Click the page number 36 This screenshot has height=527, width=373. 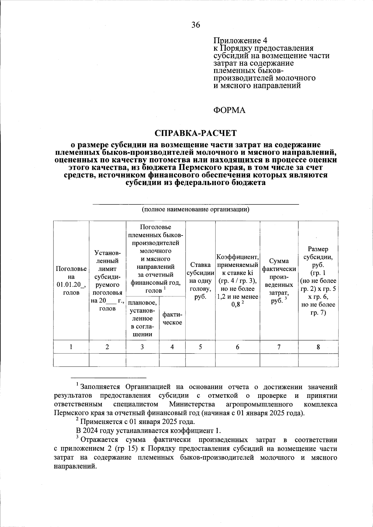tap(196, 25)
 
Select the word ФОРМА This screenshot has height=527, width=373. tap(229, 110)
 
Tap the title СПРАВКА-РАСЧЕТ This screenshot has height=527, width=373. tap(196, 133)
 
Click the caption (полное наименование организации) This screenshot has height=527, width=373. tap(196, 209)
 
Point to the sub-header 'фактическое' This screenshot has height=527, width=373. tap(172, 318)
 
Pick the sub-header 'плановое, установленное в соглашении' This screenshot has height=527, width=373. tap(142, 318)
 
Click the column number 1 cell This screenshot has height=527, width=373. tap(71, 347)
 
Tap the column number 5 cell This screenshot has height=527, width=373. tap(200, 347)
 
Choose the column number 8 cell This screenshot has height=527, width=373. tap(318, 347)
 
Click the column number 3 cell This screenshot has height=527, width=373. tap(142, 347)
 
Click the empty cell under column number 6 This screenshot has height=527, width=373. tap(237, 360)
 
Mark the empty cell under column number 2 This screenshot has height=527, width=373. tap(107, 360)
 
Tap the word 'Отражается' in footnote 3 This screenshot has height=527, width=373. tap(99, 440)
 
